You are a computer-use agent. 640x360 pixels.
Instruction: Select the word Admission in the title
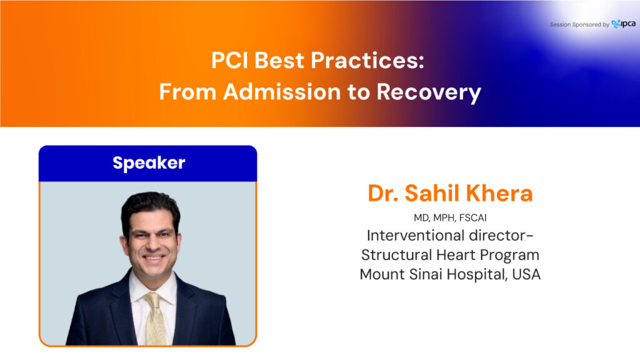tap(282, 91)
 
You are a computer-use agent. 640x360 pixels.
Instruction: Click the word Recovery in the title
tap(429, 92)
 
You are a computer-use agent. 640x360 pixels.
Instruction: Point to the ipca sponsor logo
tap(623, 24)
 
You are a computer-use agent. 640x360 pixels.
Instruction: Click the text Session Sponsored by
tap(579, 24)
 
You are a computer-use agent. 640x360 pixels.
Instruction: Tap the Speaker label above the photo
tap(149, 163)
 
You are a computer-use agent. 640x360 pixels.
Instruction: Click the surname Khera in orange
tap(499, 193)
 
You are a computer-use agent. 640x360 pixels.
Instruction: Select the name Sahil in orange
tap(432, 193)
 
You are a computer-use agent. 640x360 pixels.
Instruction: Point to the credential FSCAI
tap(472, 217)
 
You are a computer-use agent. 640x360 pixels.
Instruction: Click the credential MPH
tap(444, 217)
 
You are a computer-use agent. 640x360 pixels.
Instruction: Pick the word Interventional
tap(416, 236)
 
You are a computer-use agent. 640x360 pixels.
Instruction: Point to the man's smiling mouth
tap(153, 258)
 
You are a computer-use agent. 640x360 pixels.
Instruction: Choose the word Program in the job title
tap(509, 256)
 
